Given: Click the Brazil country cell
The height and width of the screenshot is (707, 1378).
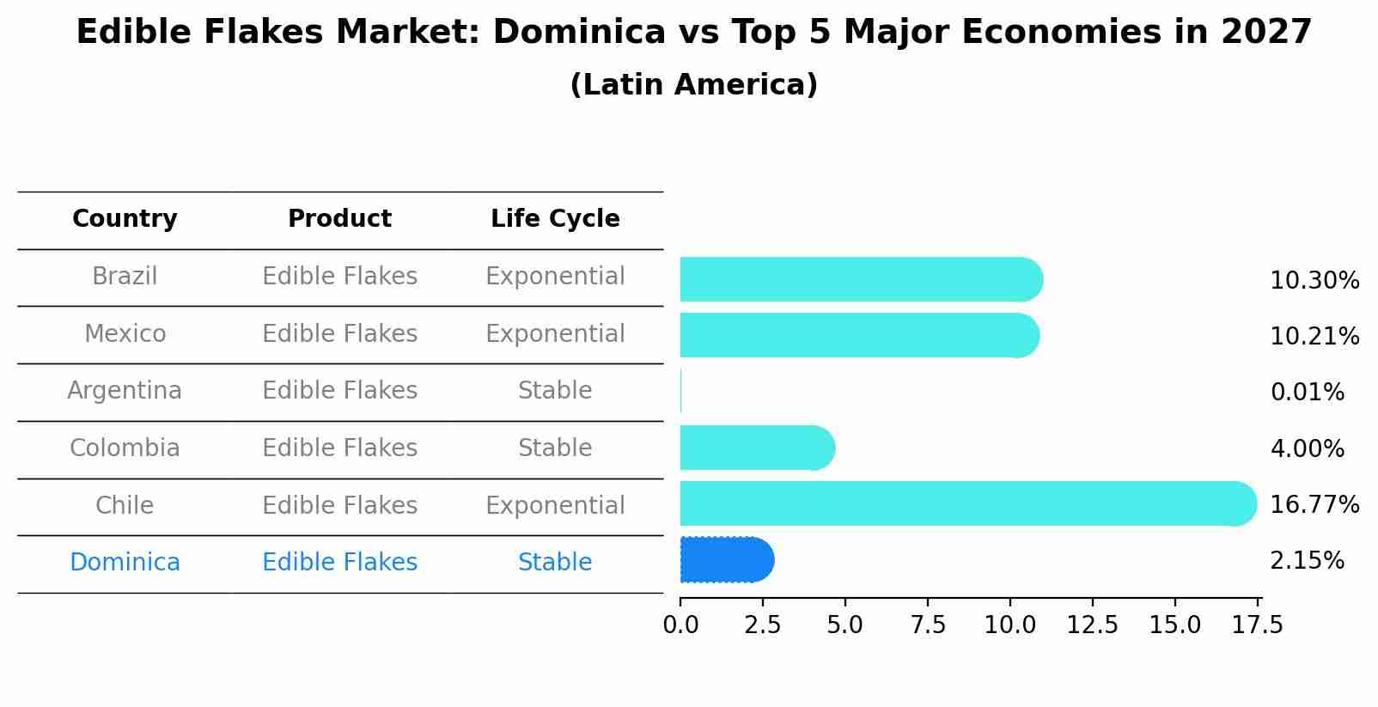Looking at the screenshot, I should pos(125,277).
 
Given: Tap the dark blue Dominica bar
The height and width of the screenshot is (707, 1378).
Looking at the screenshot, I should pos(726,560).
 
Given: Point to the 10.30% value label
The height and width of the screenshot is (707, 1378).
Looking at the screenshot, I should pos(1314,281).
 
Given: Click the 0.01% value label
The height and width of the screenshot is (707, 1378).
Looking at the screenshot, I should pos(1307,393).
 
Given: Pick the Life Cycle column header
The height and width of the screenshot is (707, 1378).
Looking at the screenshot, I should pos(555,219).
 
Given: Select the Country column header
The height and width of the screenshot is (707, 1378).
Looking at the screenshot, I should pos(125,219).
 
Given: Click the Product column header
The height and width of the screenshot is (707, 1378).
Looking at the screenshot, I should pos(339,219).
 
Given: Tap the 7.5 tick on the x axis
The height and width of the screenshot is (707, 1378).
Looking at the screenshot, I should pos(928,625).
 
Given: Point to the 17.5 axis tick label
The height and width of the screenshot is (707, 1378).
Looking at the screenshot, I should pos(1258,625).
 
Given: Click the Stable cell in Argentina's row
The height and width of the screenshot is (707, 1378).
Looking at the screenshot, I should pos(555,391).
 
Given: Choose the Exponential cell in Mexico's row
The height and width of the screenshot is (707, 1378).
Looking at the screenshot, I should pos(555,334).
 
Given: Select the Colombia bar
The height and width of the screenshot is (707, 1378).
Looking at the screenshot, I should pos(756,448).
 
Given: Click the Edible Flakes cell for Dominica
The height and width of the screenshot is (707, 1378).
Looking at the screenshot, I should pos(339,563).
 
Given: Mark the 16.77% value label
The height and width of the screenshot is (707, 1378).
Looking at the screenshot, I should pos(1314,504).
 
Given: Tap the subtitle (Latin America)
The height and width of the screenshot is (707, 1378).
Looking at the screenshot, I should pos(693,85).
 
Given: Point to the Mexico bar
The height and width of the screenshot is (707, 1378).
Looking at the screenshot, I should pos(859,335).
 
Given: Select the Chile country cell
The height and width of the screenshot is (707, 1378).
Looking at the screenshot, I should pos(125,505).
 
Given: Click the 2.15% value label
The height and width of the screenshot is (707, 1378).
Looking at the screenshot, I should pos(1307,561).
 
